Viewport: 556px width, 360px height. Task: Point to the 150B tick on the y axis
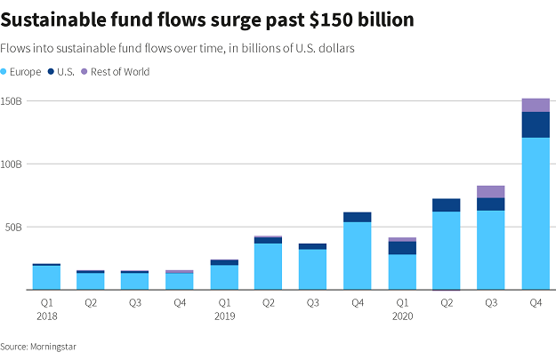(12, 101)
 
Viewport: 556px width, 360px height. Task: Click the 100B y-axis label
(12, 164)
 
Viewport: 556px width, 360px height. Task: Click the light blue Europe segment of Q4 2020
(535, 213)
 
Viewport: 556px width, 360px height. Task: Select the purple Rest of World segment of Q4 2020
(535, 105)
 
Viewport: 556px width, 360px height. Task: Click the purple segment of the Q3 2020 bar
(490, 191)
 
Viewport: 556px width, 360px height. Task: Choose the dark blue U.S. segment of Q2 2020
(446, 204)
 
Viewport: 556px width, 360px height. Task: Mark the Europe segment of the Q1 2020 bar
(401, 272)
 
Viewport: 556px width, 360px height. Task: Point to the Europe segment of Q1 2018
(46, 277)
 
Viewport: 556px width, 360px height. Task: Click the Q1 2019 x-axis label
(223, 308)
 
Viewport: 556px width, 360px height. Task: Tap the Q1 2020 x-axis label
(401, 308)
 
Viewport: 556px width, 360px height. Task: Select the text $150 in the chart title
(313, 20)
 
